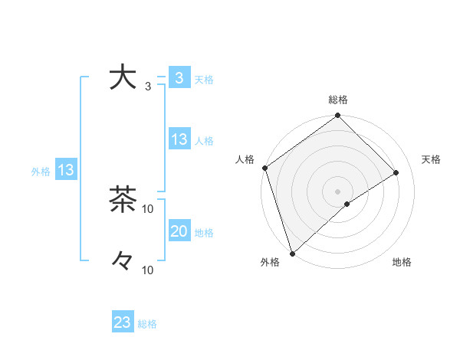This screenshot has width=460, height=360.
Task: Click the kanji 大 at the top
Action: (122, 78)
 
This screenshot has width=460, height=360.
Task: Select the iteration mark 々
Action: (123, 261)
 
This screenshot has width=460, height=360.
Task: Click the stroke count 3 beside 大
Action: (148, 87)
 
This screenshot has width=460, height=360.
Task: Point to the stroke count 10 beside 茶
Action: (148, 208)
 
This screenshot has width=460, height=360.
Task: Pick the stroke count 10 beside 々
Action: (148, 270)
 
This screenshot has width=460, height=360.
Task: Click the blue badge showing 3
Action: (179, 78)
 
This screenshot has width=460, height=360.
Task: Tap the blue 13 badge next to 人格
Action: (179, 139)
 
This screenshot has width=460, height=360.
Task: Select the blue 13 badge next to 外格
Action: (65, 170)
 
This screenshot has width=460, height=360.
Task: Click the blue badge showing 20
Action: (179, 231)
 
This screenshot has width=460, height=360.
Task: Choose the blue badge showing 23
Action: (123, 322)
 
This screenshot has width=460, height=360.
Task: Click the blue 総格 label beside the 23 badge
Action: (147, 324)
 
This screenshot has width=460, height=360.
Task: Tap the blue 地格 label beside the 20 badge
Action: (204, 233)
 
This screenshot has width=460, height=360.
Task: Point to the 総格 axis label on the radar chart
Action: (338, 100)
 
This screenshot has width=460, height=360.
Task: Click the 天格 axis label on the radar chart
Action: (432, 159)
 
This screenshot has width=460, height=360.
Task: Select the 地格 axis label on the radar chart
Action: (402, 263)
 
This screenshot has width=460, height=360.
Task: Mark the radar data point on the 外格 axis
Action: (291, 254)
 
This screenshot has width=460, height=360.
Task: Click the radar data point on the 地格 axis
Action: (347, 204)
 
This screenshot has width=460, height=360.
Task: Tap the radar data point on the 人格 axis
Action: (264, 168)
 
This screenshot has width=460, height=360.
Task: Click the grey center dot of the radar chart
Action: (337, 191)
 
